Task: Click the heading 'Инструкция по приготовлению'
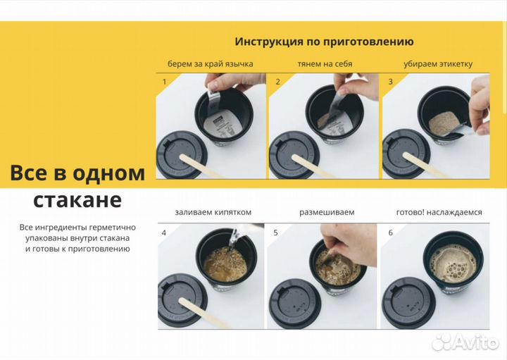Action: (x=324, y=42)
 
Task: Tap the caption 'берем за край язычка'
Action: (x=210, y=64)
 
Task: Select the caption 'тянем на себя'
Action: (x=325, y=64)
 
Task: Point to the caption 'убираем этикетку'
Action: (x=438, y=64)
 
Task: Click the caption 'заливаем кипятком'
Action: (x=213, y=212)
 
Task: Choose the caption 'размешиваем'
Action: (x=326, y=212)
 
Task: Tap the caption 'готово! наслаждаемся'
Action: (x=439, y=212)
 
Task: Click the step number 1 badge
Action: (x=165, y=82)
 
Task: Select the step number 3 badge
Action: (x=391, y=82)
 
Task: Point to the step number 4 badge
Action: (x=165, y=232)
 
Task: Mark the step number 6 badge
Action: (x=391, y=232)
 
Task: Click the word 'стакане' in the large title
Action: (x=77, y=199)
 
